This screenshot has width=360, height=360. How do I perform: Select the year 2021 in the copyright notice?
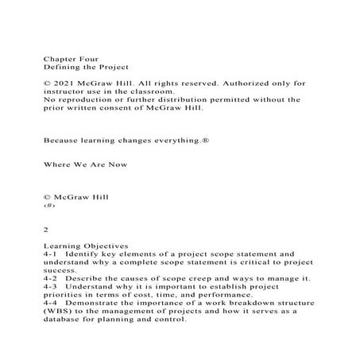coord(65,83)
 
